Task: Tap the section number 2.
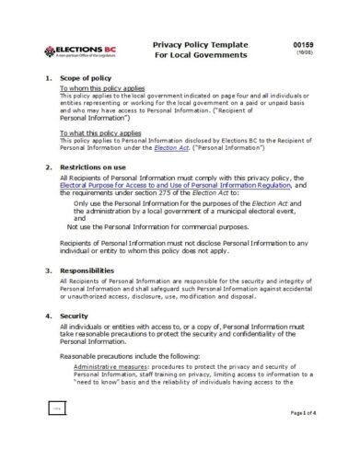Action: tap(49, 167)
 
